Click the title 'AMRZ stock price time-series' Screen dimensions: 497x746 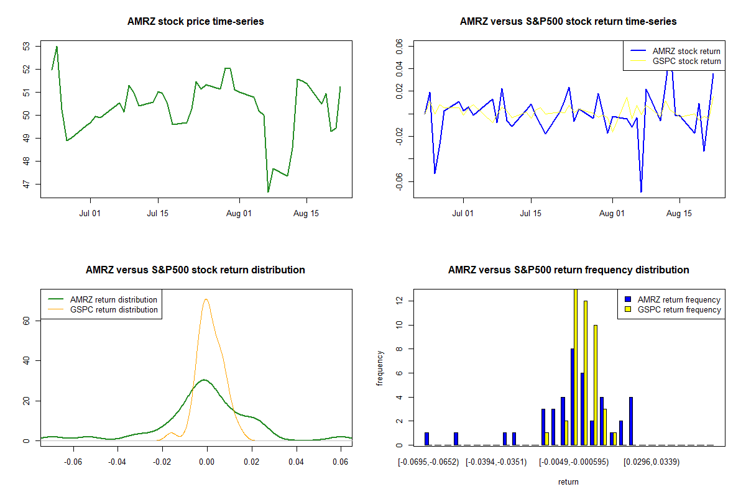(196, 22)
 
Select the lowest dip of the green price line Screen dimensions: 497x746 (268, 191)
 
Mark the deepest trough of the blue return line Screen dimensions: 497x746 (641, 191)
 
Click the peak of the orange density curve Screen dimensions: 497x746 (206, 299)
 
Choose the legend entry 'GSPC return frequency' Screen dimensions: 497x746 (679, 309)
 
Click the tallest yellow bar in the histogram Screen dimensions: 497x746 (575, 367)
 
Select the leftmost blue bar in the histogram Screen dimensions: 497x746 (426, 439)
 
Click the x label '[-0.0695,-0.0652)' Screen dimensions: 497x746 (428, 462)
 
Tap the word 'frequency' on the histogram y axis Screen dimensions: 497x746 (381, 368)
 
